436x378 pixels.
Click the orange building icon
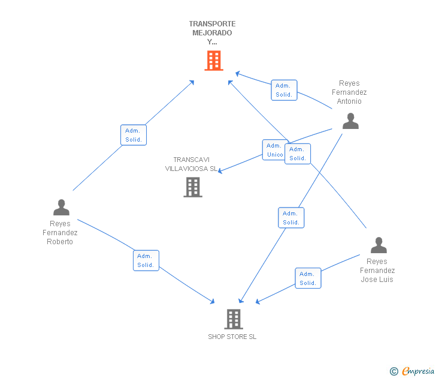(214, 61)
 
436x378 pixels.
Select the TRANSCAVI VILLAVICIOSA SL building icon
(192, 187)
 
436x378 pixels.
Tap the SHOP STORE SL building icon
(233, 319)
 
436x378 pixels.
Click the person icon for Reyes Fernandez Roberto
(61, 208)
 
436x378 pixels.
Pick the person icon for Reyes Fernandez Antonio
(350, 121)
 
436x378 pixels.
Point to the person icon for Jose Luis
(379, 245)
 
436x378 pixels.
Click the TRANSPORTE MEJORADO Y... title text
(212, 33)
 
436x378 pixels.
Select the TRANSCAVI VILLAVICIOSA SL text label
(192, 164)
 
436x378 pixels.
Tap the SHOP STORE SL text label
(232, 337)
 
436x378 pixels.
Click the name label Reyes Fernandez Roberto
(60, 233)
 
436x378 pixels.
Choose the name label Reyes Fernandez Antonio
(349, 92)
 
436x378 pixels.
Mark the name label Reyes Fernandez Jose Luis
(377, 271)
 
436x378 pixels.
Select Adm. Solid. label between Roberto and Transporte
(134, 135)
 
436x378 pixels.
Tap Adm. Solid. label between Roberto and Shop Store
(146, 260)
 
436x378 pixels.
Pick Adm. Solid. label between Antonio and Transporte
(284, 90)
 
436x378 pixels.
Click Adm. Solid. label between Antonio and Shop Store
(291, 218)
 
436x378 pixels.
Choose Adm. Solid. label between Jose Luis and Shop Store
(308, 278)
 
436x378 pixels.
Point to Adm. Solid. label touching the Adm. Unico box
(298, 154)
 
